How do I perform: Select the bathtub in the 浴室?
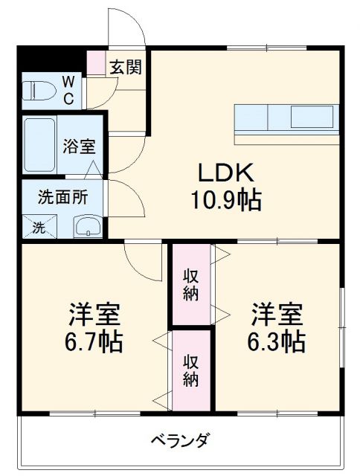tap(40, 145)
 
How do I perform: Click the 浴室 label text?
tap(77, 145)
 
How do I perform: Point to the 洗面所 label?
tap(64, 199)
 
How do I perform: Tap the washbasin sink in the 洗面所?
tap(88, 227)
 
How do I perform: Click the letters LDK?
tap(228, 173)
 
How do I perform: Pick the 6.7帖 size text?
tap(94, 342)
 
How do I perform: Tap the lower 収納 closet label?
tap(191, 370)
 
